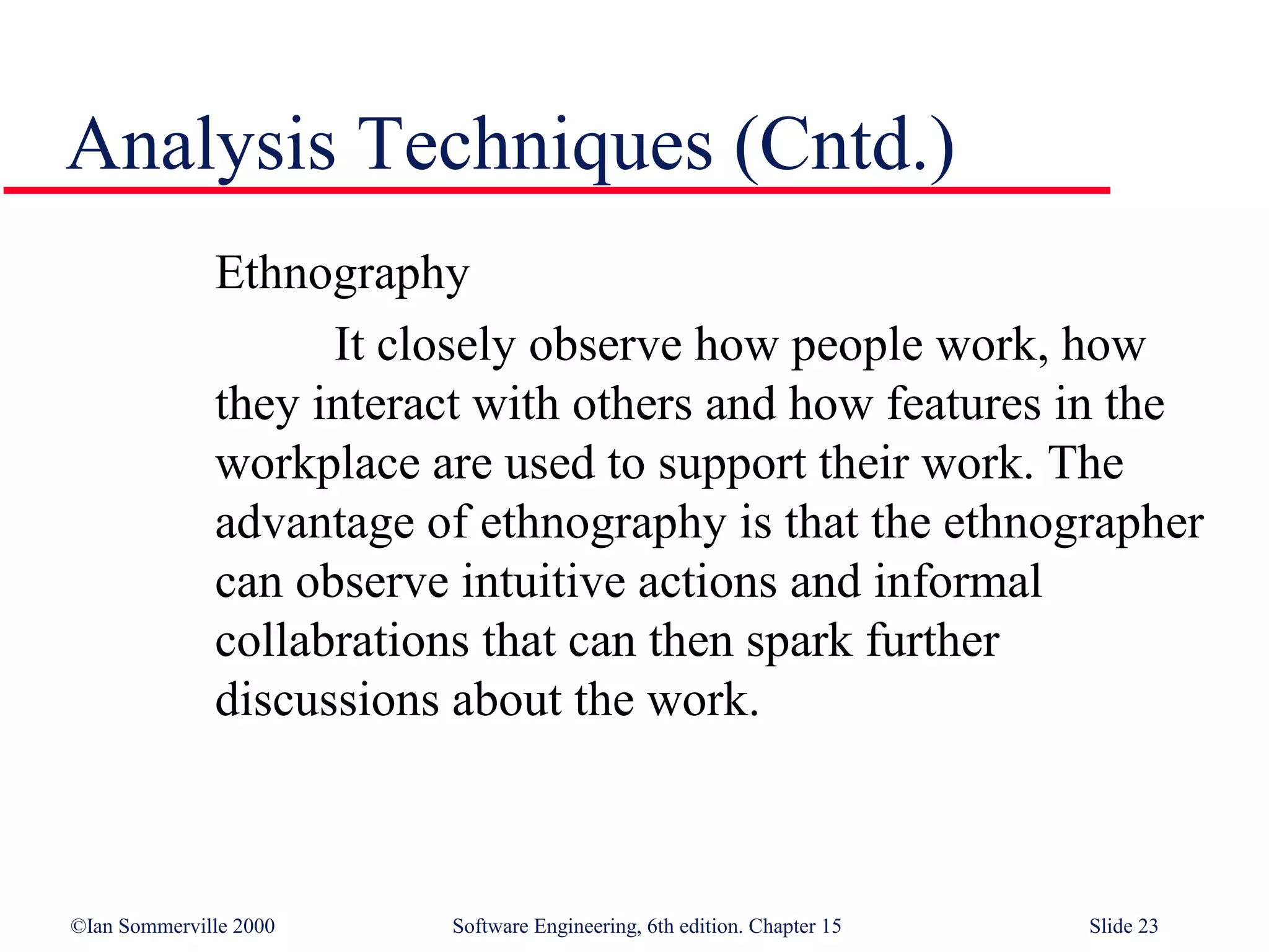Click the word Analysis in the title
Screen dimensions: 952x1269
(201, 146)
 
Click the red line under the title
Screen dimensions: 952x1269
(558, 190)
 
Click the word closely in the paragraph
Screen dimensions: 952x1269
(446, 345)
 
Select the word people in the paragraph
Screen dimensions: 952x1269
(858, 346)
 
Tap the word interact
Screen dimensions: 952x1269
(386, 404)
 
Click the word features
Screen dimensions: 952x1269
(964, 404)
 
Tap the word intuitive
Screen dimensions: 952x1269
(543, 582)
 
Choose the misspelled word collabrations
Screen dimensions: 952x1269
(341, 641)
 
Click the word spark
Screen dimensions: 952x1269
(799, 642)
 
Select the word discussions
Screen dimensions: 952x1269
(327, 700)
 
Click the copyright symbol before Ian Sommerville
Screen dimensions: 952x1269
(78, 926)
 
